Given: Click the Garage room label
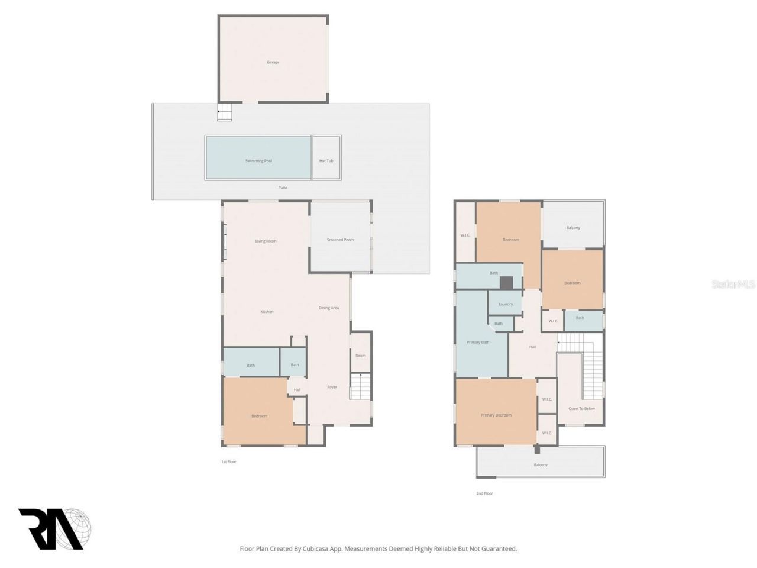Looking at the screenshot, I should pos(273,62).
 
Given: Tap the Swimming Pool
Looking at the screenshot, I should pos(258,160).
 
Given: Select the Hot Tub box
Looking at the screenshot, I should pos(326,160).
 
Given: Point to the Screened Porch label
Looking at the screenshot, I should pos(340,240).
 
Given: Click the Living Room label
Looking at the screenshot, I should pos(266,241).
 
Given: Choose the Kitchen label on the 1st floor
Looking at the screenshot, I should pos(267,311).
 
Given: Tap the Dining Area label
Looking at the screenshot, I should pos(328,308).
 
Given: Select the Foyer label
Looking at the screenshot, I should pos(332,387).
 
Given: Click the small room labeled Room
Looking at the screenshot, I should pos(360,356).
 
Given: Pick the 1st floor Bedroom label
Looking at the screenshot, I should pos(259,416).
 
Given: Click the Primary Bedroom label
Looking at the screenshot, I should pos(496,415).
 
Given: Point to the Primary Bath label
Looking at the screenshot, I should pos(477,342).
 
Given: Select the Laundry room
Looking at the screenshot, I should pos(505,304).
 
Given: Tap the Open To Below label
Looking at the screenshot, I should pos(581,409).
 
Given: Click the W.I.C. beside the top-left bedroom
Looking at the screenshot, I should pos(465,235).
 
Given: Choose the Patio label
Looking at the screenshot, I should pos(283,188).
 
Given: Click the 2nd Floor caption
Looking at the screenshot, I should pos(484,493).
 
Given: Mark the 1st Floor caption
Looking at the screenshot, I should pos(228,461).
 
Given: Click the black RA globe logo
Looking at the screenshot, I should pos(54,528).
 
